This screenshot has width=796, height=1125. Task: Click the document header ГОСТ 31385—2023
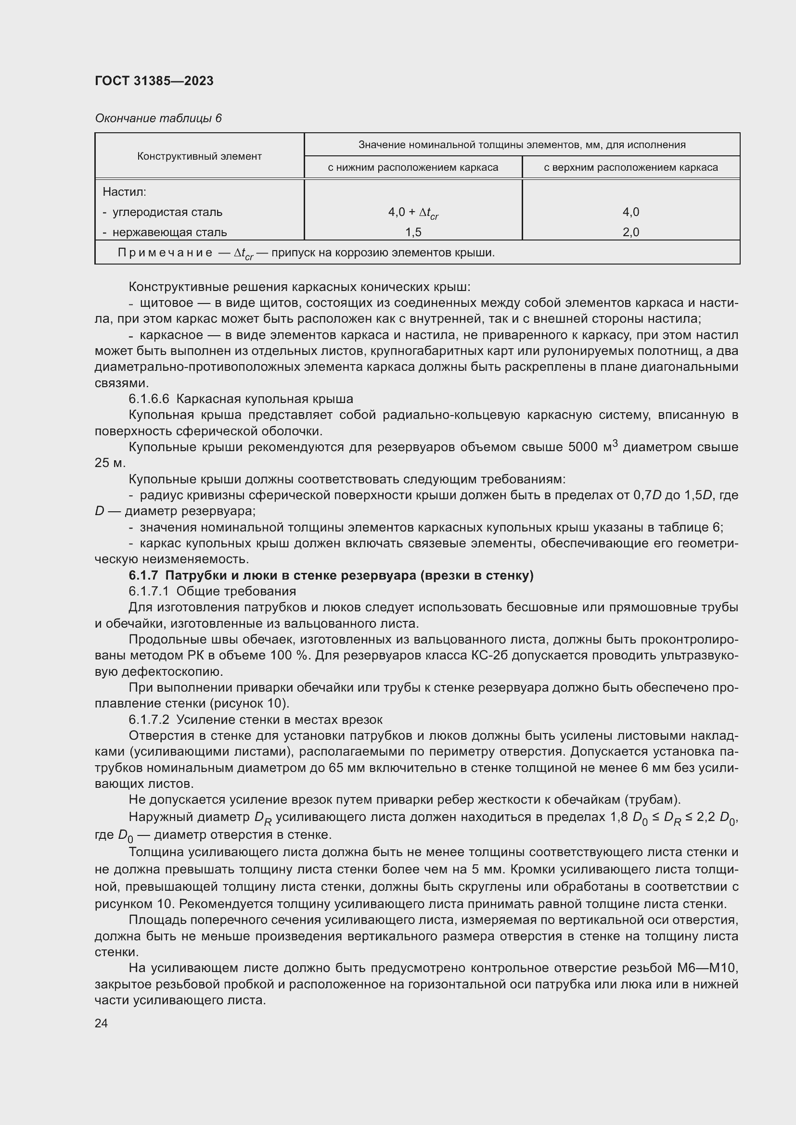point(154,81)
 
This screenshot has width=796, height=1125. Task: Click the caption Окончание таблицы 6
point(158,118)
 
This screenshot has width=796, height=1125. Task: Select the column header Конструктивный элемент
point(199,156)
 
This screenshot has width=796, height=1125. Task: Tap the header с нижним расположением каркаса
point(413,167)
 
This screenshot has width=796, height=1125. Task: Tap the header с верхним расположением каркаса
point(630,167)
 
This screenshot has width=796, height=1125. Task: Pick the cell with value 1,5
point(413,232)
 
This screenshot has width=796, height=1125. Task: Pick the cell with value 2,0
point(630,232)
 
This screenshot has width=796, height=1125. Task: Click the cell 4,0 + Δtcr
point(413,212)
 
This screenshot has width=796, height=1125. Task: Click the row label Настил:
point(124,191)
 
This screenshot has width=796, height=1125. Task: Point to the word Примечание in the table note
point(165,253)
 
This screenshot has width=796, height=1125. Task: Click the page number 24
point(101,1023)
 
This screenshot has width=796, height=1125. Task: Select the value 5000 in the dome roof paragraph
point(582,447)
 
